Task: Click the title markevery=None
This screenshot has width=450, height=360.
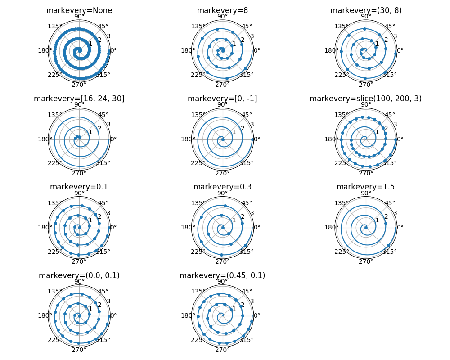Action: click(x=79, y=10)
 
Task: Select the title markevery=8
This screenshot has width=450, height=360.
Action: click(x=222, y=10)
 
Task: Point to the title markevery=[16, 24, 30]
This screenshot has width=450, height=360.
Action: click(x=79, y=99)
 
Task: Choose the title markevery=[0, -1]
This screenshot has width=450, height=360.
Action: click(x=222, y=99)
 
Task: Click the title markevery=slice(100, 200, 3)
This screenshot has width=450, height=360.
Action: click(x=365, y=99)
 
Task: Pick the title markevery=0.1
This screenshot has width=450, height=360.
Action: click(x=79, y=187)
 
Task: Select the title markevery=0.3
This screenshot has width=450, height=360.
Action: click(x=222, y=187)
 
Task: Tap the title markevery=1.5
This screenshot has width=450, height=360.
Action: click(x=365, y=187)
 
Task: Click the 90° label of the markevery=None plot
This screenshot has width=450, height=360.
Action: click(x=79, y=17)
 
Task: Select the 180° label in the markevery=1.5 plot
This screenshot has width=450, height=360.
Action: click(x=331, y=227)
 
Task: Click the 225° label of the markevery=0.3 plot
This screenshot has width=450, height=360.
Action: click(x=198, y=251)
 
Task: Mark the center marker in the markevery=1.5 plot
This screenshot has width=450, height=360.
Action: click(x=366, y=227)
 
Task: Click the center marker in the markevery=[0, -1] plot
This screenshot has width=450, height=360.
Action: click(x=223, y=139)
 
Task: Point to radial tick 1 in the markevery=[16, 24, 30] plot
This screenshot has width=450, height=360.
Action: click(x=90, y=132)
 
